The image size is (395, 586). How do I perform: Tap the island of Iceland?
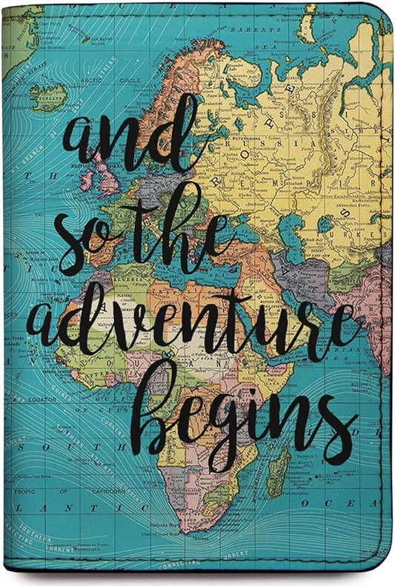click(x=48, y=96)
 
